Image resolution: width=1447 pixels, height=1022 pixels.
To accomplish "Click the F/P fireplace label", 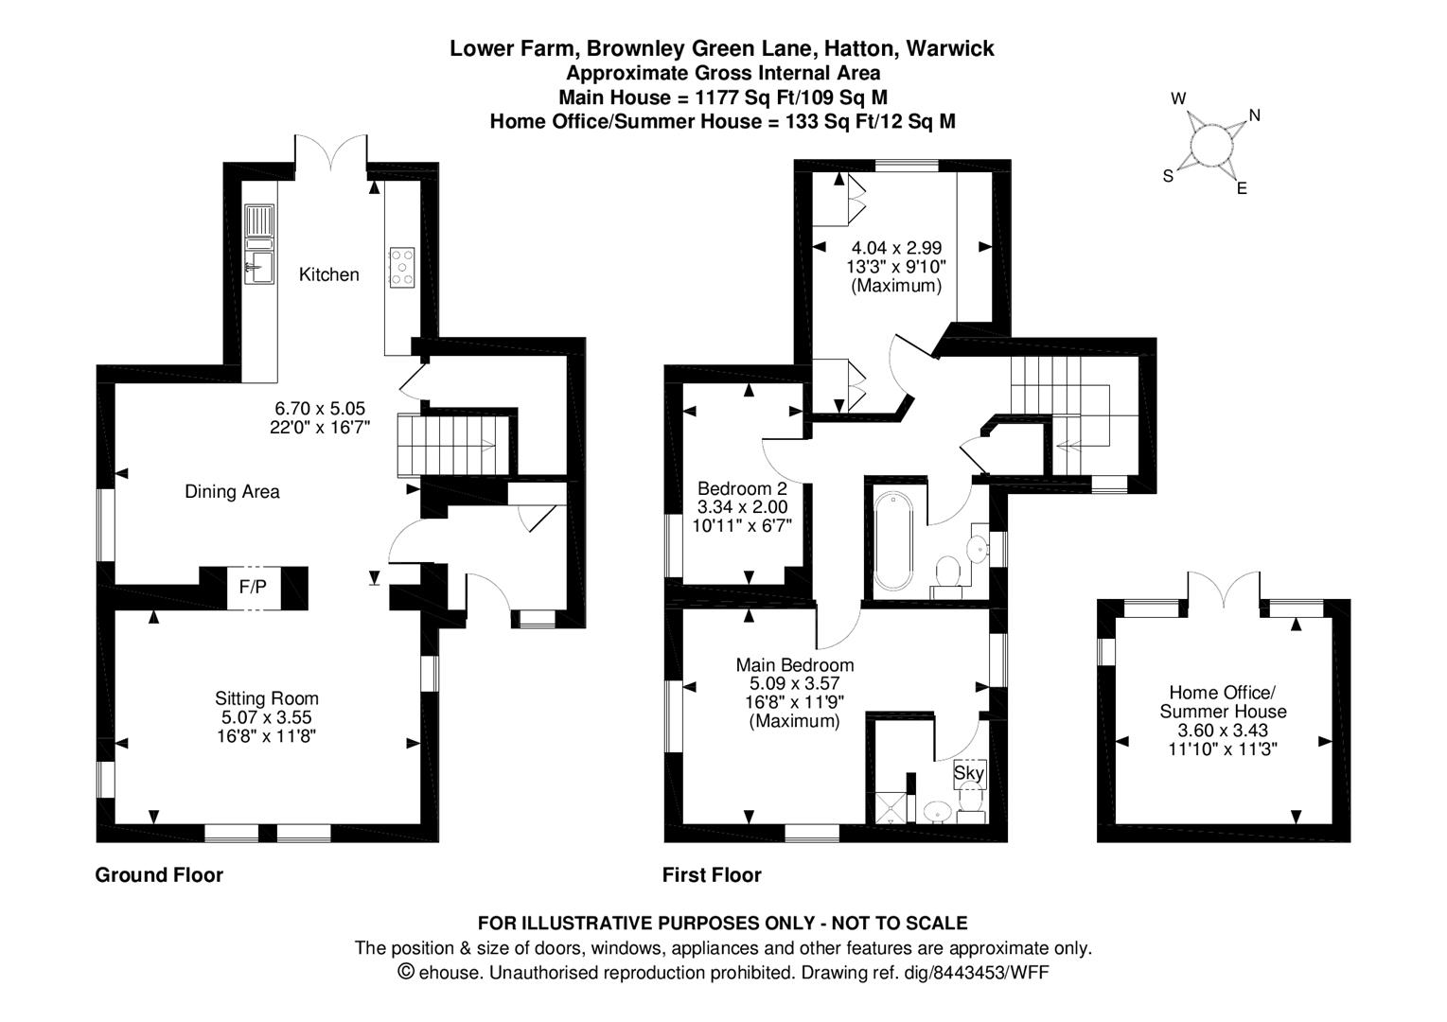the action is pos(253,588).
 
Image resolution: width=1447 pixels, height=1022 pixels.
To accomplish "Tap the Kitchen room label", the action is pos(328,274).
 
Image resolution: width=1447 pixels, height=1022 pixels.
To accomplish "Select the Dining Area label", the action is pos(232,491).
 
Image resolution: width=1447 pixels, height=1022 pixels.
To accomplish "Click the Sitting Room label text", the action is pos(266,699).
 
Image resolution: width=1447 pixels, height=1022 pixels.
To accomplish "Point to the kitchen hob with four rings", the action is pos(402,266).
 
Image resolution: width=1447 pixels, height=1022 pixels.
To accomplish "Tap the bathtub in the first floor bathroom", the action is pos(893,540).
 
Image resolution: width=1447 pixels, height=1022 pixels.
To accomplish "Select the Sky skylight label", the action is pos(969,773).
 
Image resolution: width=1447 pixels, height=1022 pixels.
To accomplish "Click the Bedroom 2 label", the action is pos(742,489).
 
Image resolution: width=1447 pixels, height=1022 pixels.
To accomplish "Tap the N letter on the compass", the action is pos(1255,115).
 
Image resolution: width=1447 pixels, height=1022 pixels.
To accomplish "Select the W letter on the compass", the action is pos(1178,98).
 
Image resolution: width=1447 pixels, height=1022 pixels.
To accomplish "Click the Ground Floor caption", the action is pos(159,875).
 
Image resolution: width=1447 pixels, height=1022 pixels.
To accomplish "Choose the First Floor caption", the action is pos(712,875).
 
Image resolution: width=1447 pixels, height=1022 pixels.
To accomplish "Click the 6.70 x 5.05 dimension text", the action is pos(320,409).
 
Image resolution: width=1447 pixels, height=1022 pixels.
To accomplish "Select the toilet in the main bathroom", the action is pos(946,572).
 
